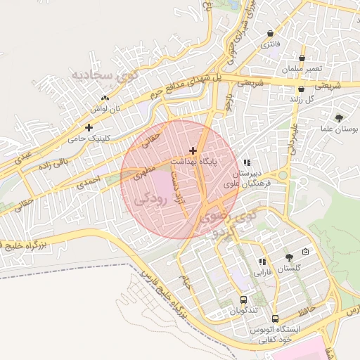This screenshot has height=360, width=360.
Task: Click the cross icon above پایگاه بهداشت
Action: [193, 150]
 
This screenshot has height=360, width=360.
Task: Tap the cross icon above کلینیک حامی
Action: [89, 127]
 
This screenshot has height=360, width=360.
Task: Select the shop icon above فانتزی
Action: [271, 33]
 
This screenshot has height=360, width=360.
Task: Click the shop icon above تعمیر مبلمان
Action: [302, 58]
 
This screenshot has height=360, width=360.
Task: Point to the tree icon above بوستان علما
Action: [340, 118]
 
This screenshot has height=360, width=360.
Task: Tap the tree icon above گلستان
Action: [288, 257]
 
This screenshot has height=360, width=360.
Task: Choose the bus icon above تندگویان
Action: [244, 300]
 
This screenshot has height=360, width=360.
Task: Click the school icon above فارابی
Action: [262, 262]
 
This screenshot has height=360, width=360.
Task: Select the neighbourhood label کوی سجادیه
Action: [100, 74]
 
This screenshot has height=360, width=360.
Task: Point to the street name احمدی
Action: [89, 183]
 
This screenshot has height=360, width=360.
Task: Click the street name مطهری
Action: [143, 171]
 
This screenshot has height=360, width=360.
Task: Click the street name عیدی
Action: [24, 153]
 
